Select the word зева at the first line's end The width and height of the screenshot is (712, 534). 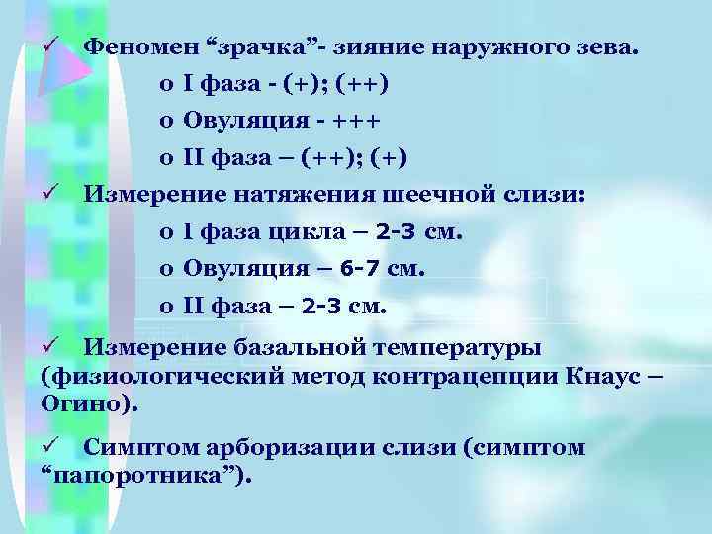click(x=609, y=45)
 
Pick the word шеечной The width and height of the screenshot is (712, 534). click(x=450, y=195)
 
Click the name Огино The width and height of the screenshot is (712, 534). click(x=86, y=404)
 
